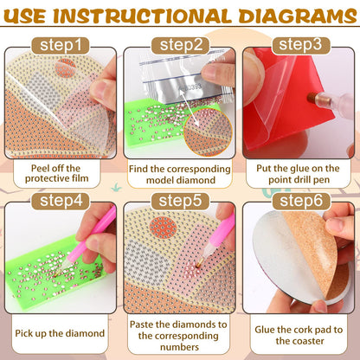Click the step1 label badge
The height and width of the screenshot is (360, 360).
(60, 43)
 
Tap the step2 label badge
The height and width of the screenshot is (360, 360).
(180, 44)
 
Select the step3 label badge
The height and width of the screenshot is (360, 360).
(300, 43)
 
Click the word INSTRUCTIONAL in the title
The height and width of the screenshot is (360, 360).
(155, 15)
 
